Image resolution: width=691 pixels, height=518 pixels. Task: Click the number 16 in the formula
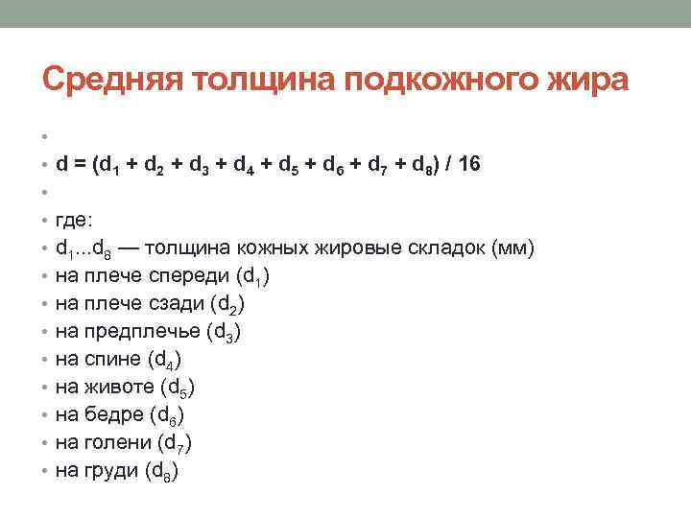coord(469,164)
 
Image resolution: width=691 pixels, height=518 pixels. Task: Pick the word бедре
coord(117,415)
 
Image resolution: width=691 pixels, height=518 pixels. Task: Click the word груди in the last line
coord(115,471)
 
